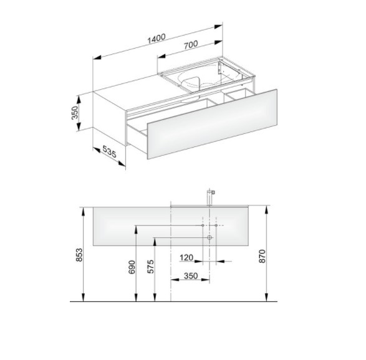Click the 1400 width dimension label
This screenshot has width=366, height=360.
[x=157, y=39]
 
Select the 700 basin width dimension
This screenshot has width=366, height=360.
[x=191, y=45]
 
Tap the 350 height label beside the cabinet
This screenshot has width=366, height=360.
[x=74, y=113]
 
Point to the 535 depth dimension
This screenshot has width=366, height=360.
[x=109, y=151]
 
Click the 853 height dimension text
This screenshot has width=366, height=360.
[x=79, y=255]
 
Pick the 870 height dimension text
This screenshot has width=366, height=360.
[x=262, y=256]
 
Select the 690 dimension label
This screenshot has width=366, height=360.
[x=132, y=267]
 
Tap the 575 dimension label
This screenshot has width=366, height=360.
[x=150, y=267]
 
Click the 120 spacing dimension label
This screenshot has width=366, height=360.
[x=186, y=258]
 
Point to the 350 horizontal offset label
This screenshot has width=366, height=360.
[x=191, y=276]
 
